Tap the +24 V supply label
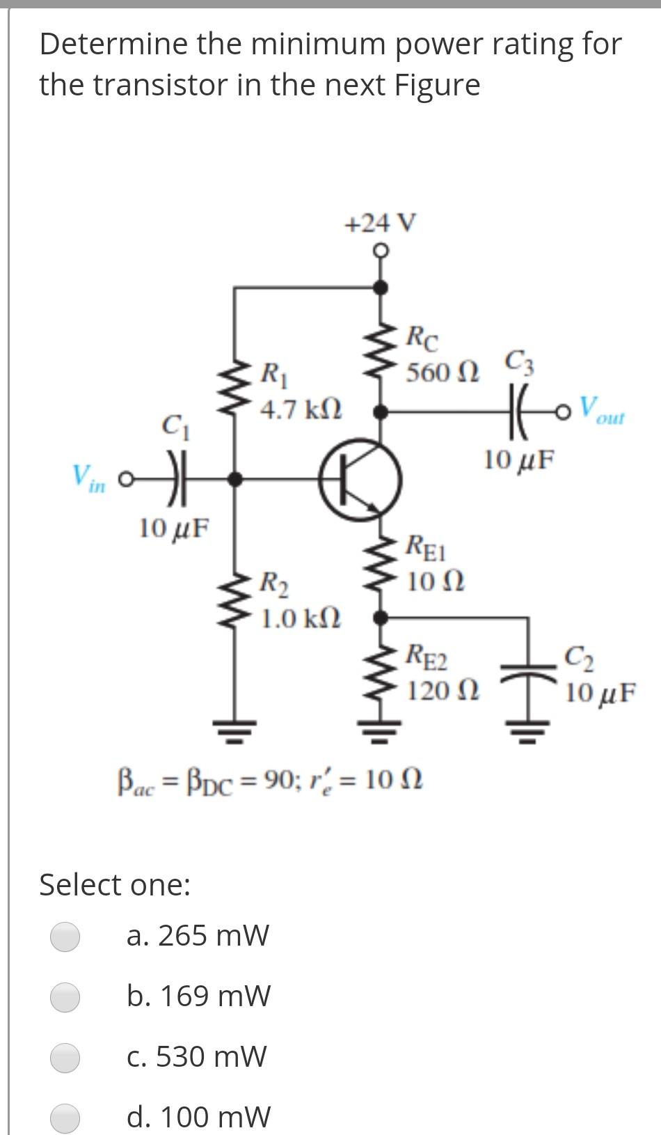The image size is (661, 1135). click(381, 224)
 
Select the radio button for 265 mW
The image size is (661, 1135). click(65, 936)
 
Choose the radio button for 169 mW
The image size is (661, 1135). click(65, 996)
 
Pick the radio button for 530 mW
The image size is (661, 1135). click(65, 1057)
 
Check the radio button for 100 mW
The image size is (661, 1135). click(65, 1117)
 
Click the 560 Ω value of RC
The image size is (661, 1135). click(443, 373)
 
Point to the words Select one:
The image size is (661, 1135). click(115, 885)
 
